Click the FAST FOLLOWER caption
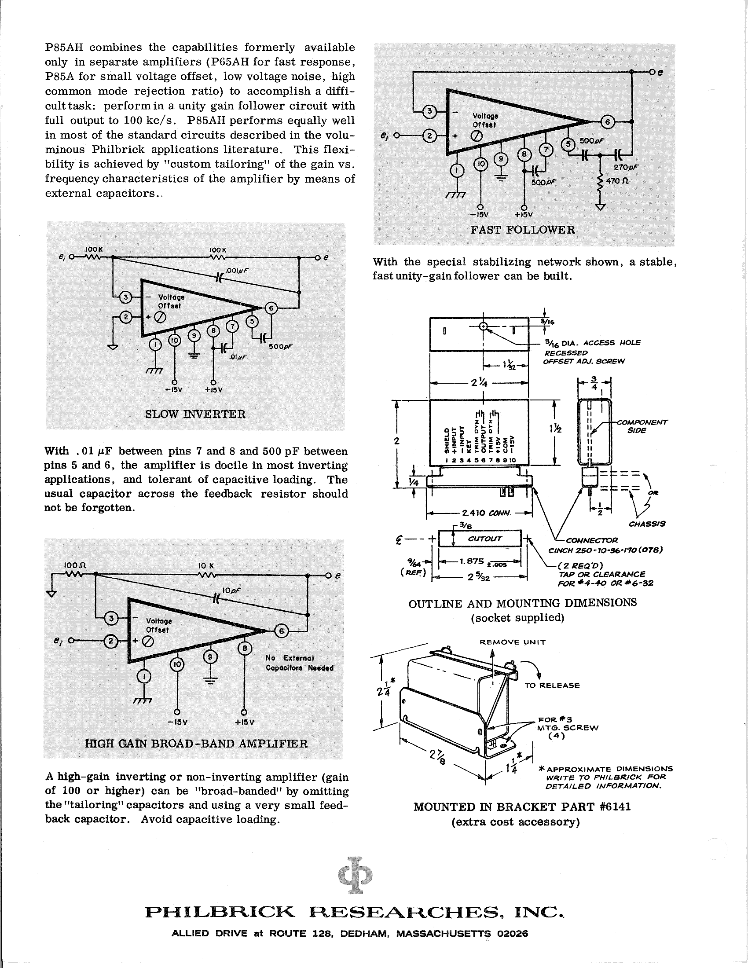[522, 230]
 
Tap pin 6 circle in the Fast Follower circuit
[607, 123]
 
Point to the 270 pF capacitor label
[626, 167]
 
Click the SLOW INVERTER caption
[195, 414]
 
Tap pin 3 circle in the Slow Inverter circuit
[125, 297]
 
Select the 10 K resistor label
[206, 566]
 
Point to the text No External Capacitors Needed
[300, 663]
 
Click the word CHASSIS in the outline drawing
[647, 524]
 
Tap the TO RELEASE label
[552, 685]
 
